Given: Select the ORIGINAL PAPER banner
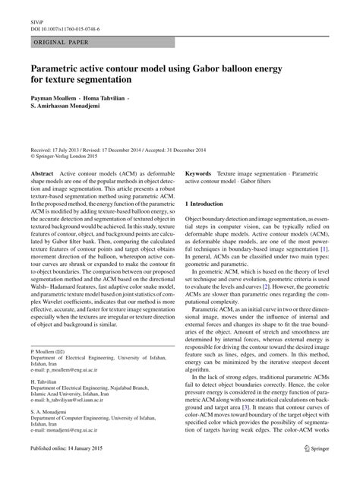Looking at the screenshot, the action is coord(62,43).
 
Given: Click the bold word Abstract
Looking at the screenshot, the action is coord(43,175).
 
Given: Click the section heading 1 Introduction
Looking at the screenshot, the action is coord(204,204).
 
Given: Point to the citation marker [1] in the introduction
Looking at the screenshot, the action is coord(324,249).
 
